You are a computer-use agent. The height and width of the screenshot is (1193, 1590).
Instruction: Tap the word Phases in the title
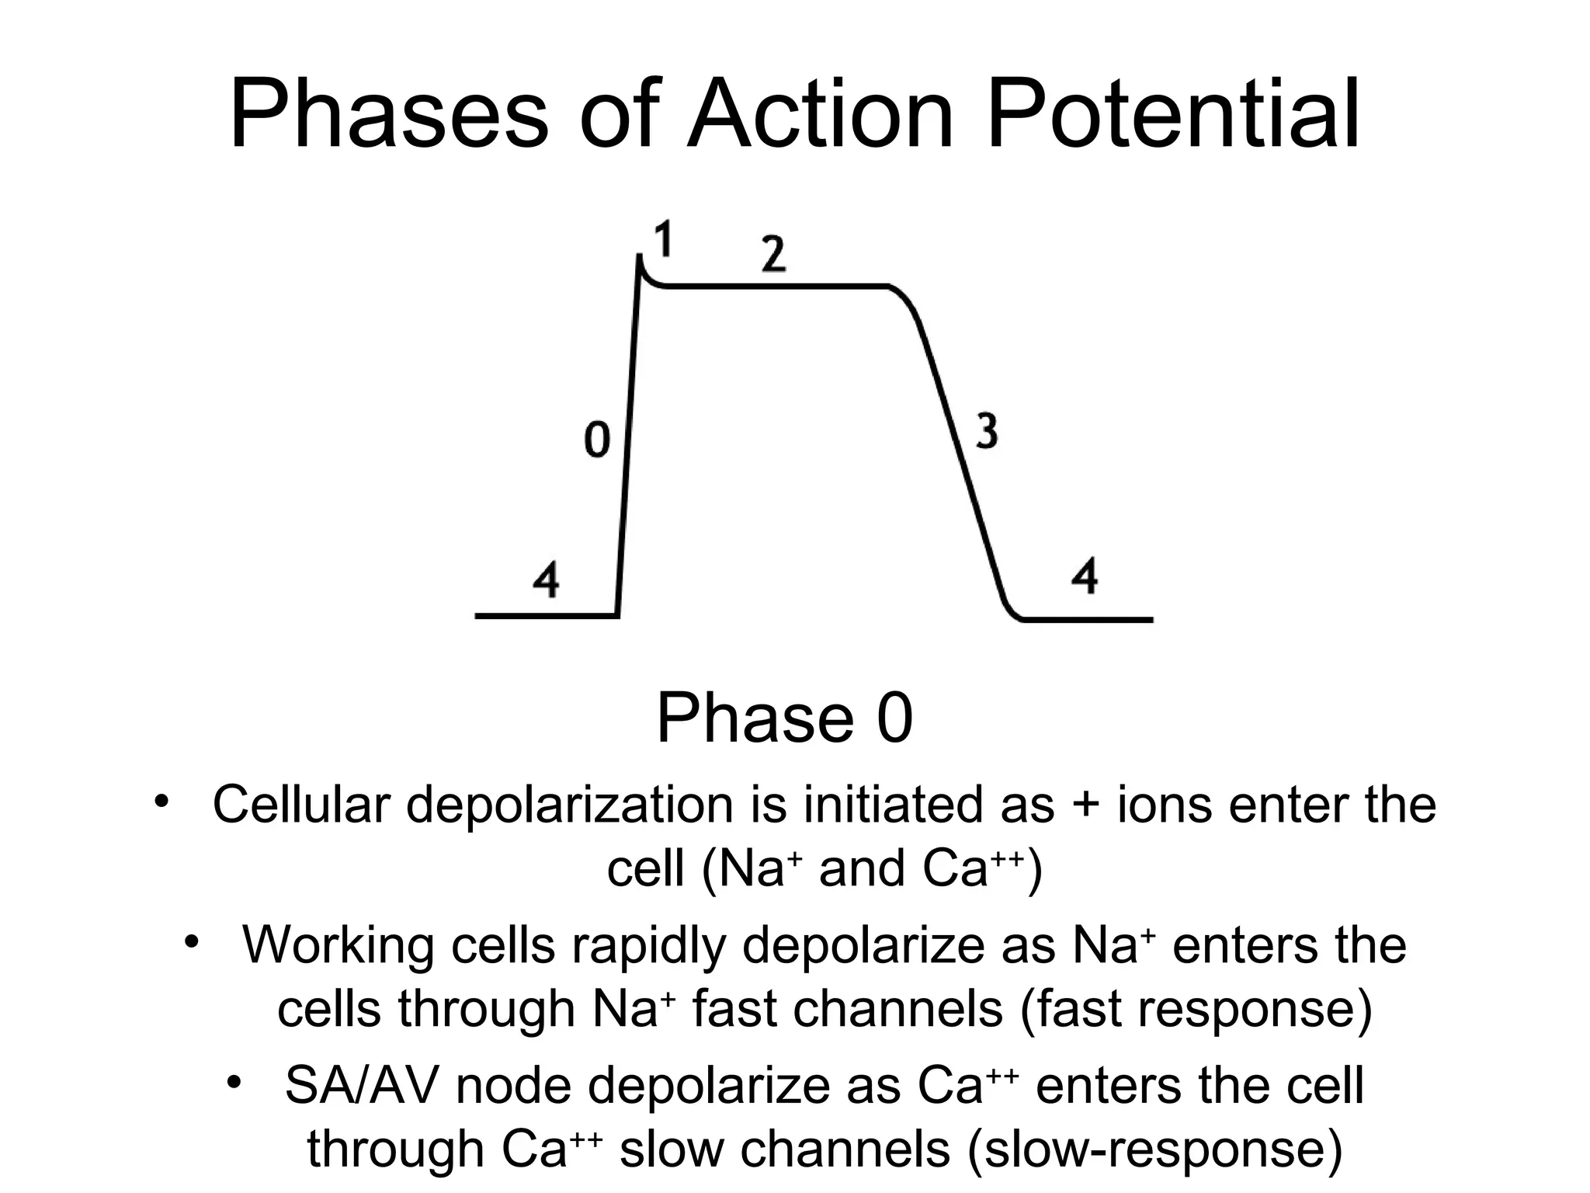[389, 116]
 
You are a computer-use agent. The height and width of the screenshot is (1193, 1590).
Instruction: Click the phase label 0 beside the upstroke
[596, 440]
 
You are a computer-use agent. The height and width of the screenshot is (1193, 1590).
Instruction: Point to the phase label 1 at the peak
[662, 239]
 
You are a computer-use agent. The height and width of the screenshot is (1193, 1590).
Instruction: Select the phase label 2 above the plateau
[773, 253]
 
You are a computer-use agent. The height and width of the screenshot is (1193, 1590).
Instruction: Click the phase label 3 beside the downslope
[986, 432]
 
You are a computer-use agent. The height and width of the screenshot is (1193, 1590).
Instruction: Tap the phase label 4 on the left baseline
[546, 579]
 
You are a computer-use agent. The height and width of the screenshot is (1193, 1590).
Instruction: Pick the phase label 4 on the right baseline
[1084, 576]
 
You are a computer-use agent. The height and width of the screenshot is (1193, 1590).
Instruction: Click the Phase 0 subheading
[785, 718]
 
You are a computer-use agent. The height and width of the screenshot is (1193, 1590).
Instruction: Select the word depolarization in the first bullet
[569, 805]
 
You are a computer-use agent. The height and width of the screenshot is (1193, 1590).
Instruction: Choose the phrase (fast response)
[1196, 1010]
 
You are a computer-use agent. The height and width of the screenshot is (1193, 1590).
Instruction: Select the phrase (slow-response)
[1155, 1150]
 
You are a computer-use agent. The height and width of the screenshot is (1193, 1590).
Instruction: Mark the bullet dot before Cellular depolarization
[161, 800]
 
